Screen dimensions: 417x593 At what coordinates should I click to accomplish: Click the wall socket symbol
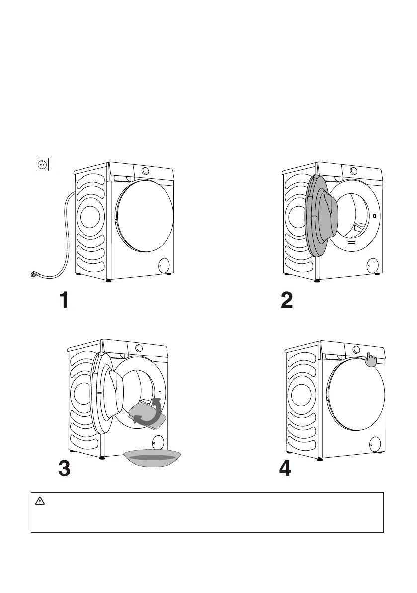coord(42,164)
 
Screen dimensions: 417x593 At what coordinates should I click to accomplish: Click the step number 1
coord(64,300)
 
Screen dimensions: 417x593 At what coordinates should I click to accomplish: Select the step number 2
coord(287,300)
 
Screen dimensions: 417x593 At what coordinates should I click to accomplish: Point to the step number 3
coord(64,468)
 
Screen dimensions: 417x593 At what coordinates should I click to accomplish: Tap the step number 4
coord(285,468)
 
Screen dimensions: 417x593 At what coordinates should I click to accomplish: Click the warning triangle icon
coord(40,501)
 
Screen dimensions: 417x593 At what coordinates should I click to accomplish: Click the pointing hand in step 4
coord(371,359)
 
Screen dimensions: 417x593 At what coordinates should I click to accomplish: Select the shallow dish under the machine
coord(153,458)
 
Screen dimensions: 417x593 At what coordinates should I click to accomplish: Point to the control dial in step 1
coord(145,171)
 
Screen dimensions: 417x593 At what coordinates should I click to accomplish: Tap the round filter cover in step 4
coord(375,443)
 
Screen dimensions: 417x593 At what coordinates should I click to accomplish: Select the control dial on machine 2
coord(353,171)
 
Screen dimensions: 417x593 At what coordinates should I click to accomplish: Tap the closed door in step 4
coord(355,394)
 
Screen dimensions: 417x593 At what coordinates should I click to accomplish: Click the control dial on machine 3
coord(139,348)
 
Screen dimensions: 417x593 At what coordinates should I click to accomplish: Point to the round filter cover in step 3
coord(158,441)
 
